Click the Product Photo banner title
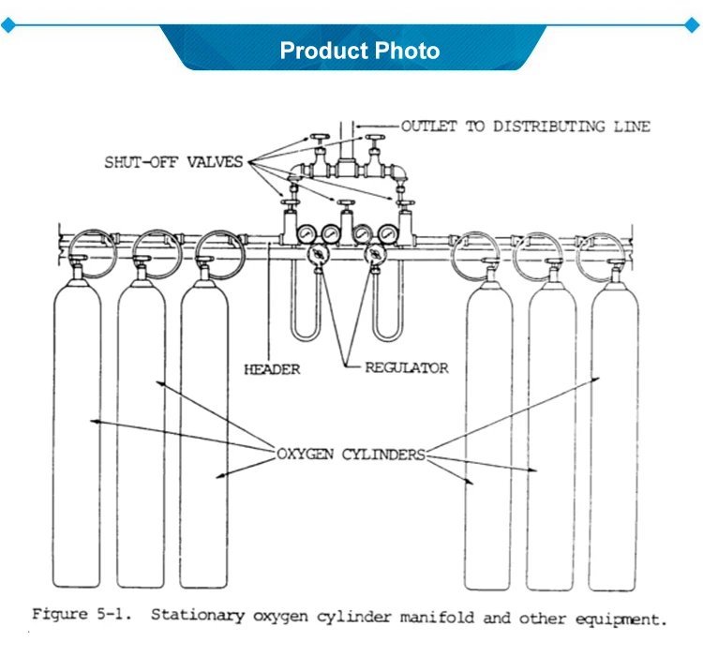[360, 50]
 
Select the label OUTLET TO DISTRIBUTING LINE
[525, 126]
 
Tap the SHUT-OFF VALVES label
[173, 162]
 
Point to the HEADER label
[272, 369]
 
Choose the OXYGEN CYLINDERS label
[351, 455]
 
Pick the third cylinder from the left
[205, 431]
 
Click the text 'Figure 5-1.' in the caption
[80, 616]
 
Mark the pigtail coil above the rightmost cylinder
[599, 248]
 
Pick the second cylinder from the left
[141, 431]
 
